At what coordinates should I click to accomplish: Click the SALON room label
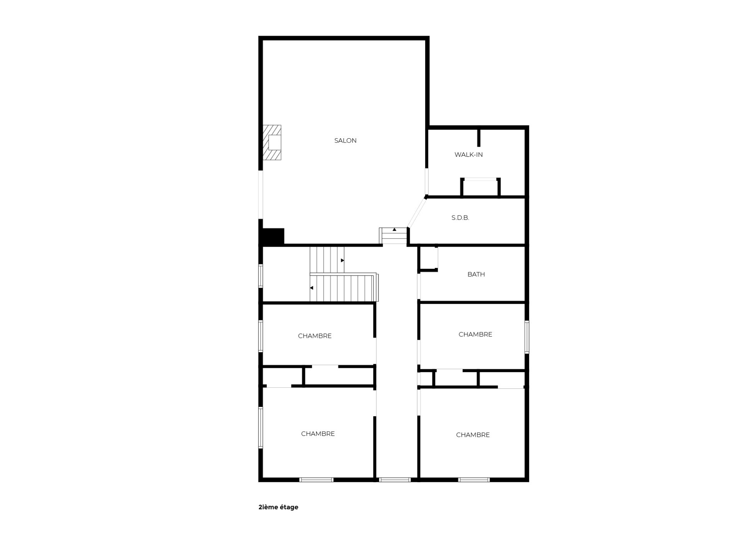345,141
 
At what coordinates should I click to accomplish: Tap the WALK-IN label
468,154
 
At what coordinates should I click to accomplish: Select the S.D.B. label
460,218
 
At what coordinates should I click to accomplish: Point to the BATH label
476,274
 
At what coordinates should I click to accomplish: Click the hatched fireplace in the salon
272,142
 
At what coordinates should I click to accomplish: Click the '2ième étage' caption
278,507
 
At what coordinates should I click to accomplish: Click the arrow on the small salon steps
395,230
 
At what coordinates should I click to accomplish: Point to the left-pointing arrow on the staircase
311,288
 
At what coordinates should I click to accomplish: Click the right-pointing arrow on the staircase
342,260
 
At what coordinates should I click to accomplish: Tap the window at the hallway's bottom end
395,480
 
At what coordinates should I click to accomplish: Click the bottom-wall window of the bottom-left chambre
317,480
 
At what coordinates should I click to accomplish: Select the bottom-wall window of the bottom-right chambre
474,480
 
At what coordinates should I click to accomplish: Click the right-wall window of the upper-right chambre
527,337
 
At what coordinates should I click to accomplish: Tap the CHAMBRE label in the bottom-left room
318,434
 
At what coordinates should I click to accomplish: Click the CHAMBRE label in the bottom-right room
473,435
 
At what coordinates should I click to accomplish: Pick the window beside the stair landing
261,276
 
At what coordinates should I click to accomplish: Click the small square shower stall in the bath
429,258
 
